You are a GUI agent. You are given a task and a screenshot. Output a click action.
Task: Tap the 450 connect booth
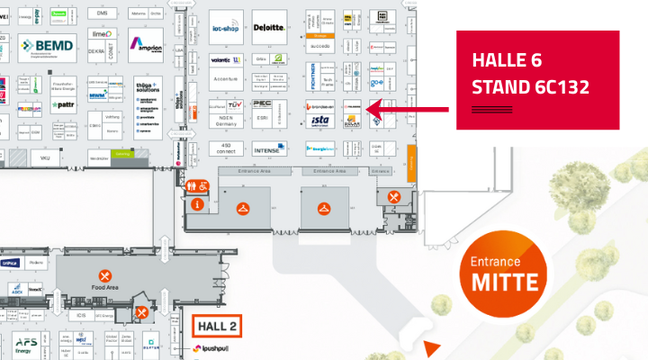coord(226,149)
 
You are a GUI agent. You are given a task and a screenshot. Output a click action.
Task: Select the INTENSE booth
coord(268,150)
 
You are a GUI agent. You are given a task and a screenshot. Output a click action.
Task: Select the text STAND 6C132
coord(530,87)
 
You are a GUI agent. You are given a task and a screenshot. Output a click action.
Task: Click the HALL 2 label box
coord(218,326)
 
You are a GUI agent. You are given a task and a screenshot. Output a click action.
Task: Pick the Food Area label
coord(105,288)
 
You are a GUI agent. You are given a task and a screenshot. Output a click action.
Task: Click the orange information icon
coord(198,204)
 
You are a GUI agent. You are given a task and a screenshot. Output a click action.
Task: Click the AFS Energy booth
coord(26,345)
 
